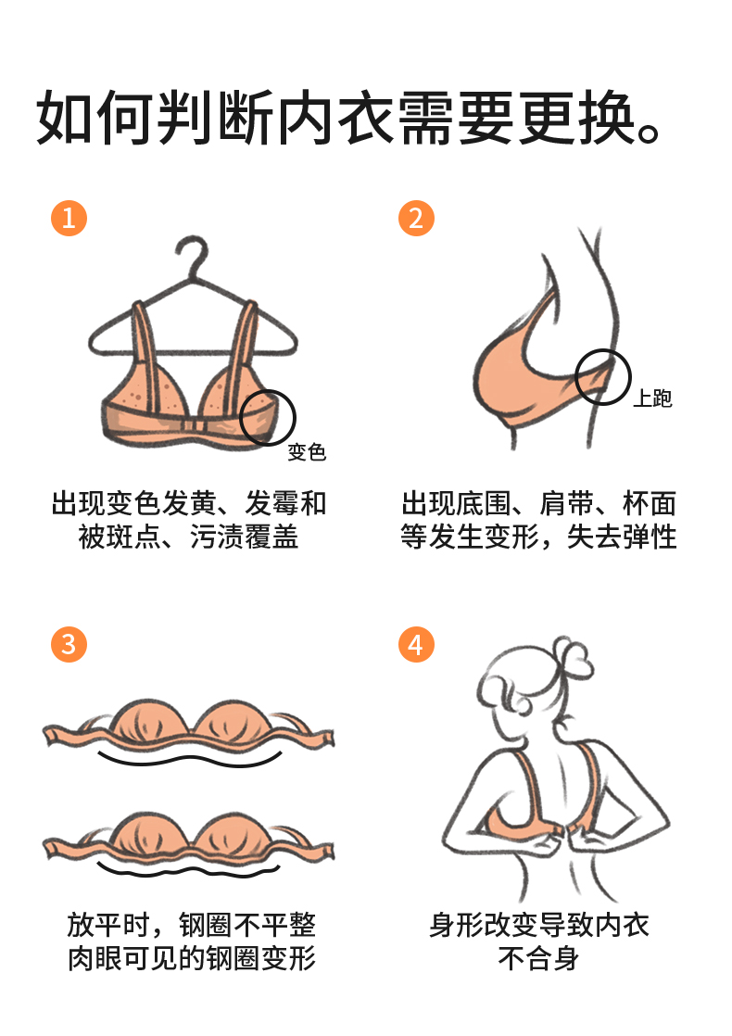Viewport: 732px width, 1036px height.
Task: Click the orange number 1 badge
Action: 69,218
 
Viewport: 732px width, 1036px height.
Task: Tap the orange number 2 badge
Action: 416,218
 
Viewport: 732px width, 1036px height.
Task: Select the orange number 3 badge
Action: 69,644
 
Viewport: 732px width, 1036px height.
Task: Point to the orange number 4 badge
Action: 416,644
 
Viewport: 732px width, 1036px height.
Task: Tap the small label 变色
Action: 307,452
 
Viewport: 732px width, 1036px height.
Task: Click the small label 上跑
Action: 652,398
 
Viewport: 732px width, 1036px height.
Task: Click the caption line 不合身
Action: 539,958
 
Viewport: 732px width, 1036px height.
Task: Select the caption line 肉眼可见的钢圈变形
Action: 192,958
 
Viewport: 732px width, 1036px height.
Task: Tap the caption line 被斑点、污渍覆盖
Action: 188,536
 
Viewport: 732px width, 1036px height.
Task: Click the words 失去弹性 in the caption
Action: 622,536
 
